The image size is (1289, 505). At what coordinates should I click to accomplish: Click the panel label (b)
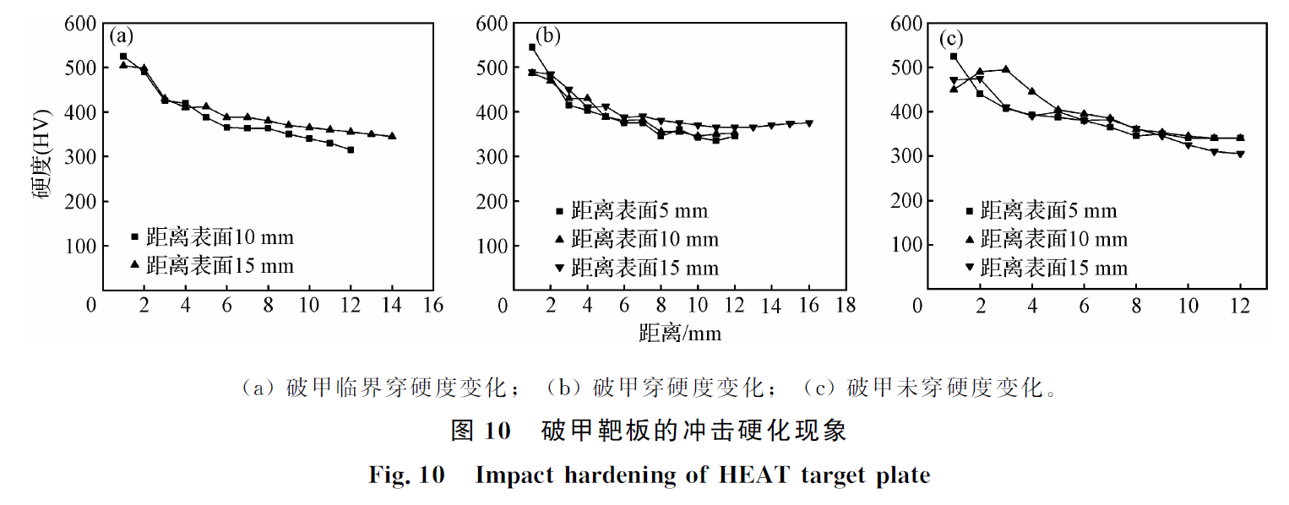[x=548, y=36]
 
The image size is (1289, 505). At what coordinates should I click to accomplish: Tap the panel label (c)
[x=952, y=39]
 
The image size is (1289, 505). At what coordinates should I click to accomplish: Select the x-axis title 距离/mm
[x=680, y=333]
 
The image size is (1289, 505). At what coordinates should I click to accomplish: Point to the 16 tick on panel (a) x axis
[x=433, y=305]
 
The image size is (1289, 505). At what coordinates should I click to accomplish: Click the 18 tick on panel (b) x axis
[x=845, y=305]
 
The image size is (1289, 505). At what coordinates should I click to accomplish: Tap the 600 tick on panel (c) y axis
[x=905, y=23]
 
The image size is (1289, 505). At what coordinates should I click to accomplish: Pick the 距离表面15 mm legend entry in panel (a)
[x=212, y=265]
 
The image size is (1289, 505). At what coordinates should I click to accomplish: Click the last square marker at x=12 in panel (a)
[x=351, y=149]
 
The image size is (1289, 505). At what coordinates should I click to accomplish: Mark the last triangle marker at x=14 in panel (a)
[x=392, y=136]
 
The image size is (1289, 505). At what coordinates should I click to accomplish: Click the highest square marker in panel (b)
[x=532, y=47]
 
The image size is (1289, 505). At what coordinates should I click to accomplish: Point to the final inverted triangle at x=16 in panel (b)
[x=808, y=123]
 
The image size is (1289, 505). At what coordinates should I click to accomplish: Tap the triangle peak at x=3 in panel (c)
[x=1006, y=69]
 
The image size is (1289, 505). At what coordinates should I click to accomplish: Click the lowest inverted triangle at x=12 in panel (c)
[x=1240, y=154]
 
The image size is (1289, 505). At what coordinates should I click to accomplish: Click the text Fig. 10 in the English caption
[x=406, y=475]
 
